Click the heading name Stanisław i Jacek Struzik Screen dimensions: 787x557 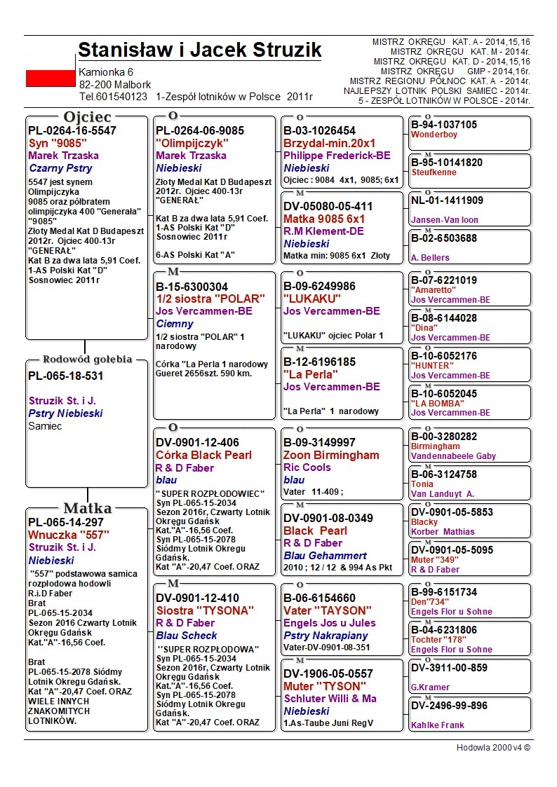tap(200, 50)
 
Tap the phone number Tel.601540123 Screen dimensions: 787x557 tap(113, 97)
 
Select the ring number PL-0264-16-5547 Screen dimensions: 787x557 tap(72, 130)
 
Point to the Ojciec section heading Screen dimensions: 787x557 tap(87, 117)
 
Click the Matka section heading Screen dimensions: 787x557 tap(87, 508)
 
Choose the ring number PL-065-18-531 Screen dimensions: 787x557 tap(66, 376)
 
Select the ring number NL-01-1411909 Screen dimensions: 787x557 tap(447, 200)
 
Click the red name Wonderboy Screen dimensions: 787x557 tap(434, 135)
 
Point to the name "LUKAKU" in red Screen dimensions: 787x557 tap(308, 299)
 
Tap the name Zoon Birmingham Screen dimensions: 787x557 tap(331, 455)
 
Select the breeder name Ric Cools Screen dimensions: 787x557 tap(307, 467)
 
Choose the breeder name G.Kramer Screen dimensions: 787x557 tap(430, 687)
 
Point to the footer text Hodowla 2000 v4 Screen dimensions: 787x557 tap(493, 747)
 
